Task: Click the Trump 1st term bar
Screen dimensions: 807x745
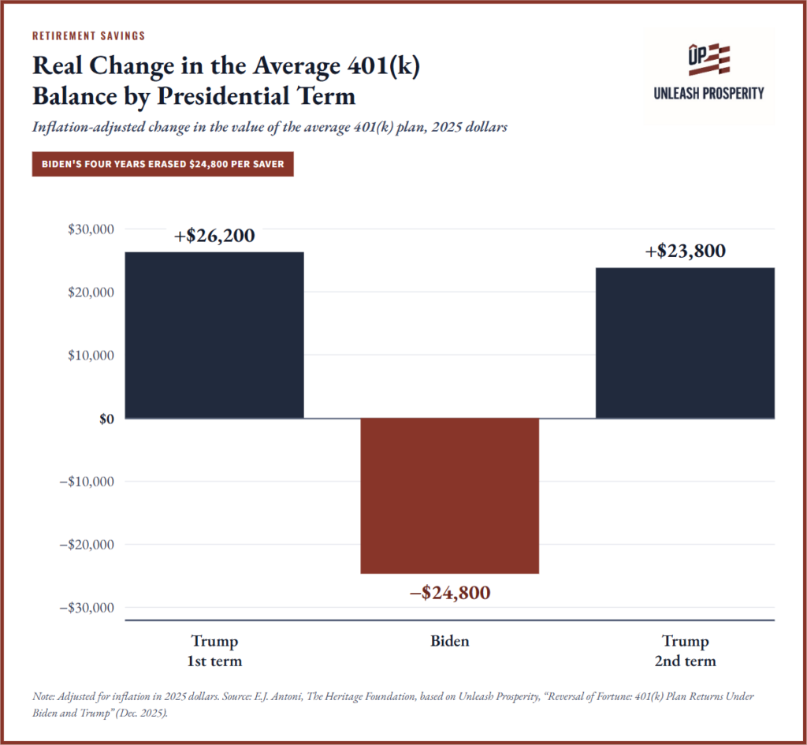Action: coord(214,334)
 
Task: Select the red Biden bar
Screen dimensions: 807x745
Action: coord(449,495)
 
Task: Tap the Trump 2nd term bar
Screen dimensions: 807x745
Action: coord(685,343)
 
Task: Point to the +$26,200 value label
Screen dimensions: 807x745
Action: coord(214,235)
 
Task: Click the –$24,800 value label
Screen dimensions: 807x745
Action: coord(450,593)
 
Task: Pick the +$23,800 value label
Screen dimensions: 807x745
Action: coord(686,251)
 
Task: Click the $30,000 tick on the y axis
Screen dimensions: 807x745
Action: coord(91,229)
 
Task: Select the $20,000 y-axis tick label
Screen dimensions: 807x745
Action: coord(91,292)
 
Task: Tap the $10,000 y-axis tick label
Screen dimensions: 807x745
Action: coord(91,356)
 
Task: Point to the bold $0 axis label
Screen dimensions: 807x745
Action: coord(106,419)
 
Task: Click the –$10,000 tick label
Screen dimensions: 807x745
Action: coord(87,482)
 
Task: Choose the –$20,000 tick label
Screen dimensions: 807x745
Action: coord(87,545)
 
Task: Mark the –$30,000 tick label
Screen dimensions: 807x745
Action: coord(87,608)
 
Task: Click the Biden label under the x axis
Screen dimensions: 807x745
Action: coord(450,641)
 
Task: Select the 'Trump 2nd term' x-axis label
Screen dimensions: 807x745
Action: coord(685,650)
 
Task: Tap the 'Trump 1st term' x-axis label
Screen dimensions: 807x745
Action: coord(214,650)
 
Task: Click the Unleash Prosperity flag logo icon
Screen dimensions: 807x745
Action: coord(708,59)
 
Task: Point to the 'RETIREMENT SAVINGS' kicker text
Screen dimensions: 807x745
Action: coord(88,35)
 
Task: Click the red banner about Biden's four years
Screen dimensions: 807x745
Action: coord(162,164)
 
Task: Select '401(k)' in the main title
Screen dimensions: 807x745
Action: coord(384,66)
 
